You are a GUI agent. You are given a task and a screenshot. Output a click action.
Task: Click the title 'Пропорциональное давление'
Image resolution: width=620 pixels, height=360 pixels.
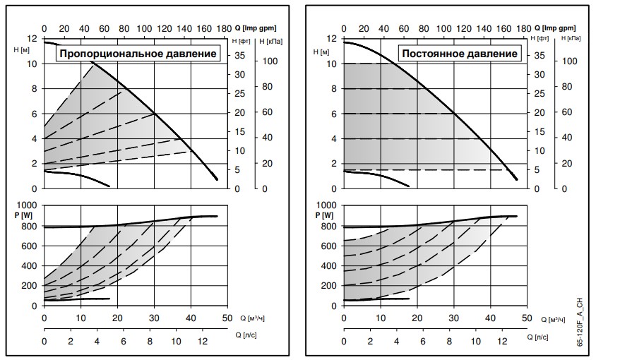(x=138, y=54)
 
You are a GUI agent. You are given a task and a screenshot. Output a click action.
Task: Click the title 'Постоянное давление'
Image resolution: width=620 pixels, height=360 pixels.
(x=459, y=54)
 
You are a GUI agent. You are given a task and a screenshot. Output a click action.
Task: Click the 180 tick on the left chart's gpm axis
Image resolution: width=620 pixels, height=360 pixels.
(x=225, y=29)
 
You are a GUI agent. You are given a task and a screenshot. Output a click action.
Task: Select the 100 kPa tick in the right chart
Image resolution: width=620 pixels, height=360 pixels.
(x=571, y=61)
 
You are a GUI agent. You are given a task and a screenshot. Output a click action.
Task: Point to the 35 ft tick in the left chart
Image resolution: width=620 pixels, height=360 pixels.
(x=240, y=55)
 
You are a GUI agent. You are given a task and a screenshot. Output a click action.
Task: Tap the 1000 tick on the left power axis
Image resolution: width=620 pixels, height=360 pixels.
(x=30, y=206)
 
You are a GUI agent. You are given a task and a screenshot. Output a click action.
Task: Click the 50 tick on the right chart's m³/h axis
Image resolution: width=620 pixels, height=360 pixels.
(x=525, y=318)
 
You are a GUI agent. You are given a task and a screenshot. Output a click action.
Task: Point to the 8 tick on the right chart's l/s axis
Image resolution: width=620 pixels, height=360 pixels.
(x=449, y=341)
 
